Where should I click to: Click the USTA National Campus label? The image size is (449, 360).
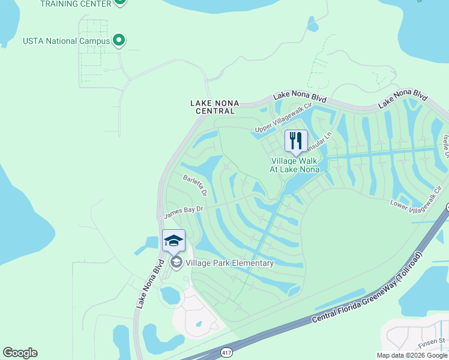tap(66, 41)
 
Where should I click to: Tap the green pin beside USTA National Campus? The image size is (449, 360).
tap(119, 40)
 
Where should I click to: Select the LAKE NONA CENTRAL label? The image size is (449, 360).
tap(212, 107)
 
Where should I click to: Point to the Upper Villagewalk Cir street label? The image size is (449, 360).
tap(284, 118)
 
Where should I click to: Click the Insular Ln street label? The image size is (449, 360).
tap(319, 142)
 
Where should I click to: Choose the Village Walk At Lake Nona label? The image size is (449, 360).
tap(295, 165)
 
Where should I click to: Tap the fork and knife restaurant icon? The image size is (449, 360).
tap(295, 141)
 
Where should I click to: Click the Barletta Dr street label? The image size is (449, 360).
tap(196, 185)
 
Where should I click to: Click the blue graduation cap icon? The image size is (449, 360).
tap(173, 241)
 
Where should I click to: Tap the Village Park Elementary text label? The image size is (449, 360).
tap(230, 263)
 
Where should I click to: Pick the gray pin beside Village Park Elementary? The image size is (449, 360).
tap(176, 262)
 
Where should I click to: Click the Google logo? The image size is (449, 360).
tap(20, 353)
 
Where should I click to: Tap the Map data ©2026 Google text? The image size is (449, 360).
tap(412, 355)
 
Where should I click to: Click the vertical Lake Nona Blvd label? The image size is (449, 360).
tap(150, 284)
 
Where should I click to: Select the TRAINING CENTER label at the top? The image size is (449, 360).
tap(76, 4)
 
